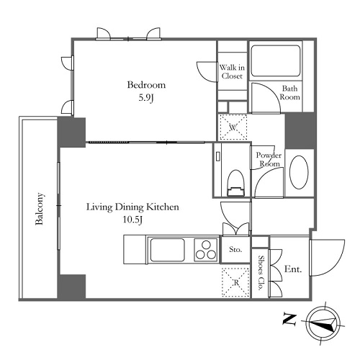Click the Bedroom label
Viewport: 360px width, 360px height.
(x=146, y=85)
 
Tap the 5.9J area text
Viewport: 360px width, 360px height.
(x=146, y=98)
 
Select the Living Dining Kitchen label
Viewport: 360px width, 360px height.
(x=132, y=207)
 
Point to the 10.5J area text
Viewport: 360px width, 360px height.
(x=132, y=220)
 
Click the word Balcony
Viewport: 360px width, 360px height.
(x=40, y=209)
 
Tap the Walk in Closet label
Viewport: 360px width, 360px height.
(x=232, y=71)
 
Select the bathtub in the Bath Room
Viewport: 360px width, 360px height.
(x=276, y=60)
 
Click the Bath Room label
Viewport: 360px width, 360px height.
(x=290, y=93)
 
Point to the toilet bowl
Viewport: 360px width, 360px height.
(x=235, y=183)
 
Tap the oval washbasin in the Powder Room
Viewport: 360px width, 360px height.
(x=299, y=172)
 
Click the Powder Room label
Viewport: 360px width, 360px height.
(x=269, y=159)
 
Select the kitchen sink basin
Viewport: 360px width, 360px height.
(x=167, y=250)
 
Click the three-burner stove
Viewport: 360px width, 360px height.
(x=206, y=250)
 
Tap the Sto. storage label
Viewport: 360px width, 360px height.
(x=235, y=249)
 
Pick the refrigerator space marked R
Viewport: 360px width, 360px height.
(x=235, y=282)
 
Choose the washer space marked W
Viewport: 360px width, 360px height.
(x=233, y=127)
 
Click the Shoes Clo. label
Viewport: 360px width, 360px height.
(x=261, y=273)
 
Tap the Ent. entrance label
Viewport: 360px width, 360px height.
(x=293, y=269)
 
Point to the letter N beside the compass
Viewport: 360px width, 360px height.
(x=289, y=319)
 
